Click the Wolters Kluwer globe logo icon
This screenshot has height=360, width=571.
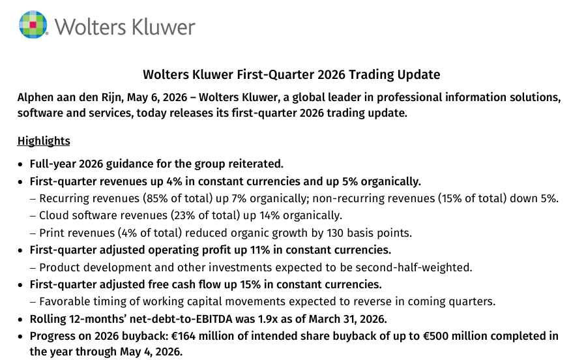tap(33, 24)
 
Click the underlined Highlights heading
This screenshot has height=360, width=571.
tap(44, 141)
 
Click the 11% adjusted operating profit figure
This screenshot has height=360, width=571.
tap(260, 250)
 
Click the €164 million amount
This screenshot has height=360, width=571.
tap(203, 336)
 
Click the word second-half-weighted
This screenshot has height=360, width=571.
tap(413, 268)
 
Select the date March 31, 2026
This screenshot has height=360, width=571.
tap(347, 319)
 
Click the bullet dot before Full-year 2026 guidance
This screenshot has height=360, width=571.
tap(20, 165)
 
